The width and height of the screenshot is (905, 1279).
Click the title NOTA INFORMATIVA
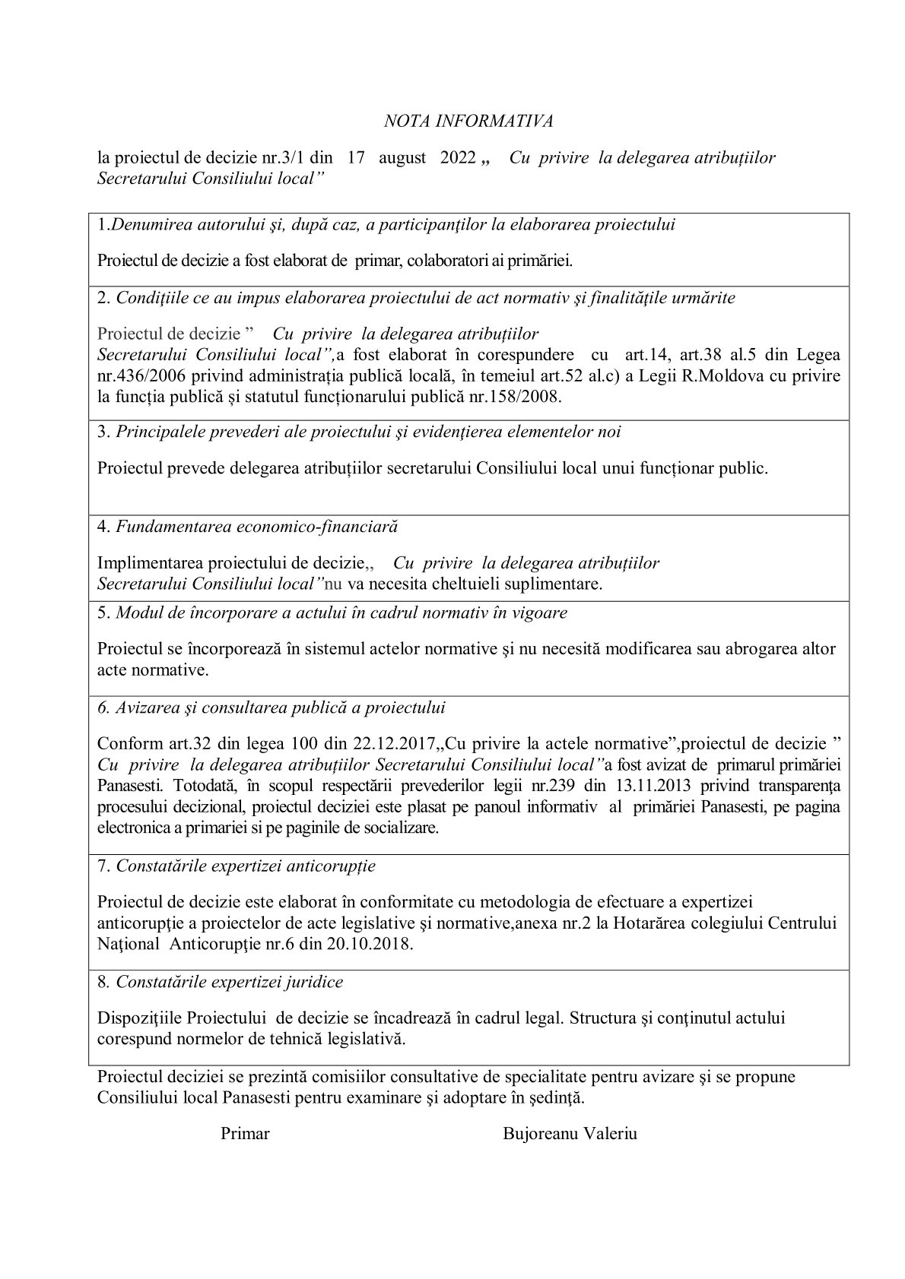click(468, 121)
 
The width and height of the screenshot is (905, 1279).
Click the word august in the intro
click(402, 158)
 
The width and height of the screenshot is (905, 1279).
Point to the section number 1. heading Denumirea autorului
click(104, 225)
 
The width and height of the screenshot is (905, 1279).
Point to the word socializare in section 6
click(392, 827)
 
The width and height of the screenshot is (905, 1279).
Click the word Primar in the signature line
click(245, 1134)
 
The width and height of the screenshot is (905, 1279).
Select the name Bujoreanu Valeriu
click(570, 1134)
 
